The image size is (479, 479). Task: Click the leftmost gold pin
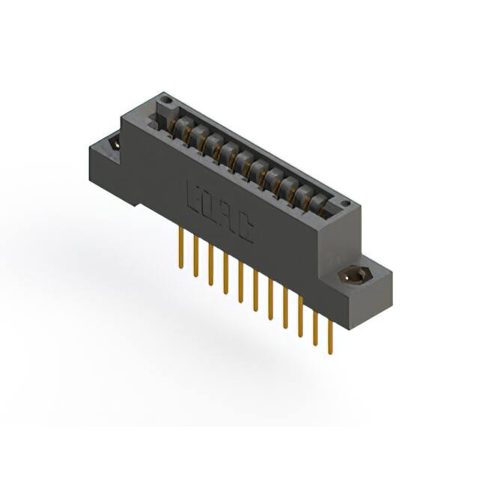point(181,247)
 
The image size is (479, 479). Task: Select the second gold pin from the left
point(196,256)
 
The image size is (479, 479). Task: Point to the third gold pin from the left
point(211,264)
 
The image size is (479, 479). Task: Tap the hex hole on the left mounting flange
point(115,142)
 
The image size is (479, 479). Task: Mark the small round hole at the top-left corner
point(168,101)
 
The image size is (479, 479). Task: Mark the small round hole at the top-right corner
point(344,203)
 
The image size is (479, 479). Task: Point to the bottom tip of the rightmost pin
point(330,352)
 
